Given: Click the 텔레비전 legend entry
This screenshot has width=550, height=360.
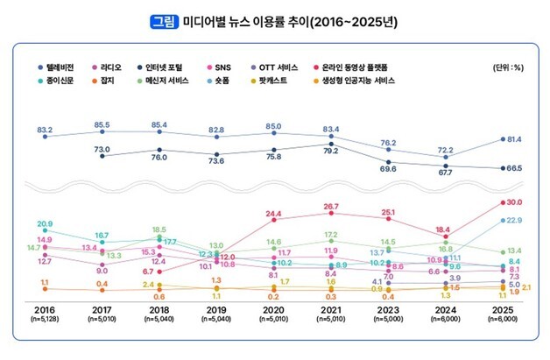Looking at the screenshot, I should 65,67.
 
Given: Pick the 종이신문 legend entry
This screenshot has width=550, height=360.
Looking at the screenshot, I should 65,81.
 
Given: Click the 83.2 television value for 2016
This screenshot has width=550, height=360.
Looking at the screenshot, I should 46,129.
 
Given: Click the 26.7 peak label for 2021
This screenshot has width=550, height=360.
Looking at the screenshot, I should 332,207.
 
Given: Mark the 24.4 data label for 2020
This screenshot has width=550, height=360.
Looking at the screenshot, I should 274,214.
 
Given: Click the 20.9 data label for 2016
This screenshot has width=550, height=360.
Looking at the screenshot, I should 46,224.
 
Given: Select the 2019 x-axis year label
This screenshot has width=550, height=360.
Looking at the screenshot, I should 216,309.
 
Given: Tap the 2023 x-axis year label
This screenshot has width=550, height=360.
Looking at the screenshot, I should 389,309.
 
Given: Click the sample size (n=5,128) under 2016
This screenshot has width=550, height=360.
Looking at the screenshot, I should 46,320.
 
